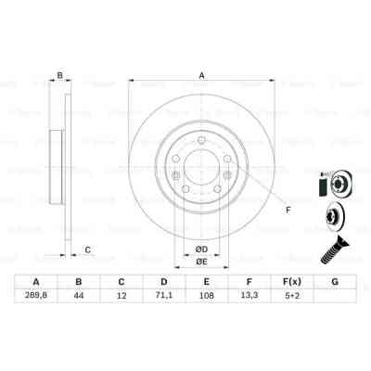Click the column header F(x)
[291, 283]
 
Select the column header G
[333, 283]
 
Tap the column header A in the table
[36, 283]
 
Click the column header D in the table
[163, 283]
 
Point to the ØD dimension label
[199, 248]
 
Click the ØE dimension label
[199, 262]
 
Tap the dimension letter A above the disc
[200, 76]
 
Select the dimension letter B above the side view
[59, 76]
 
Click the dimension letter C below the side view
[86, 249]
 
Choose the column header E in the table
[206, 283]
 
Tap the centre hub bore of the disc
[199, 167]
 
